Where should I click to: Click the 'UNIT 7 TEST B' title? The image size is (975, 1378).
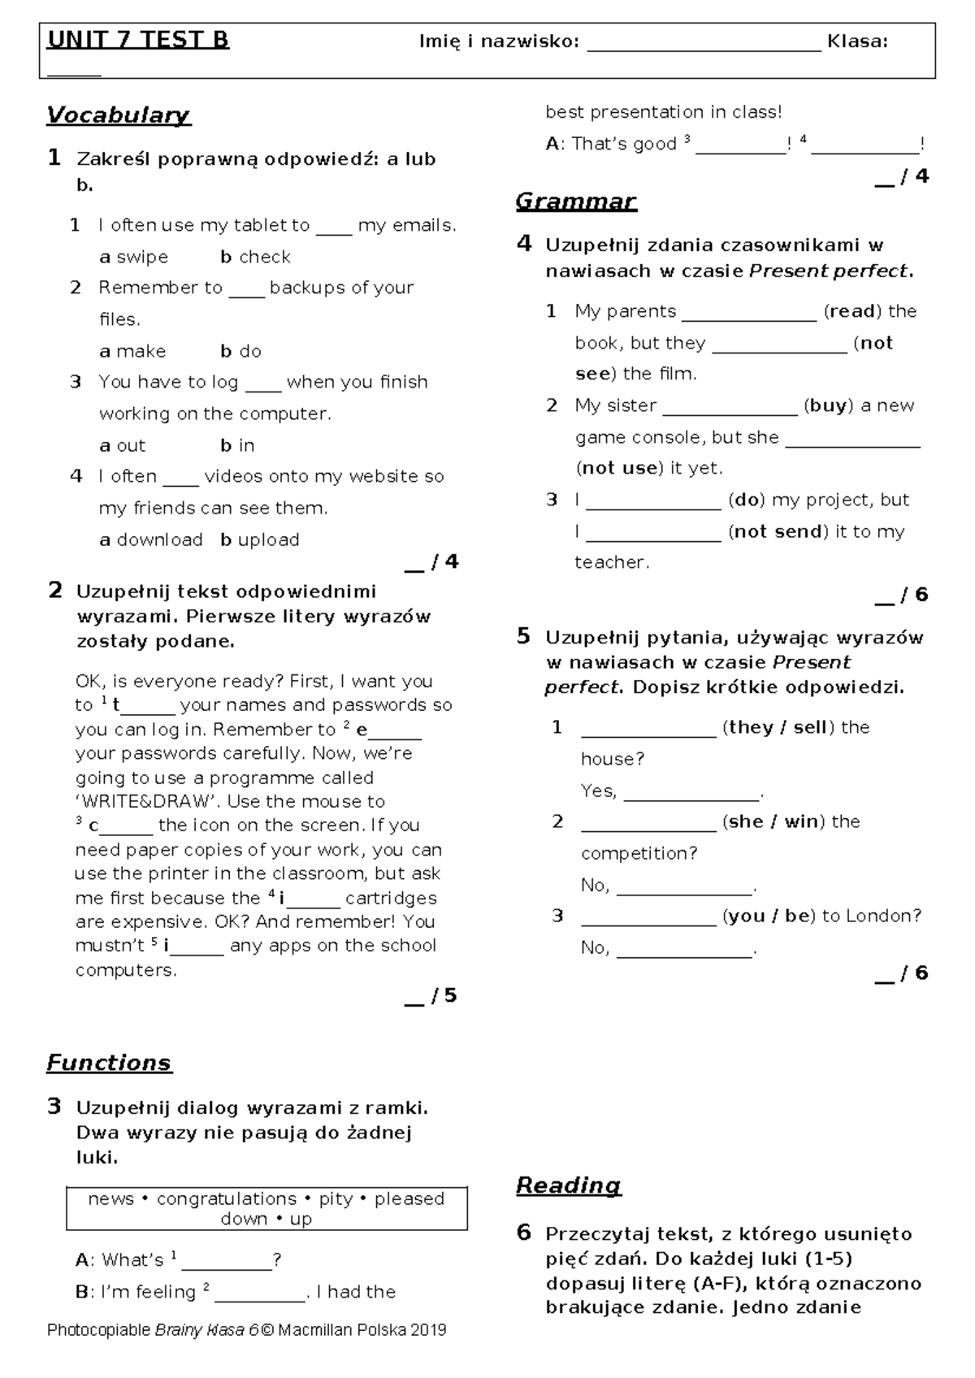tap(138, 40)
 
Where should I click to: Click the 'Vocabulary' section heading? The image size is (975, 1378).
tap(118, 115)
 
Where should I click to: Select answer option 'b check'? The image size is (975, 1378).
tap(255, 257)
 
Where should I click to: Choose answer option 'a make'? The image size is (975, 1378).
tap(132, 351)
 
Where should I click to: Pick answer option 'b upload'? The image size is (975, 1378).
tap(260, 539)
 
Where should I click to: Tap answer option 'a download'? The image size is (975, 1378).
tap(151, 539)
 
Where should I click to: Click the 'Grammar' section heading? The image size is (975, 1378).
tap(576, 201)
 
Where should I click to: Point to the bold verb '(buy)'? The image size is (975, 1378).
tap(828, 405)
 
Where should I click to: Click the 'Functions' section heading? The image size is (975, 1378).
tap(109, 1063)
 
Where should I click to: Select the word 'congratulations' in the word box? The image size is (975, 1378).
tap(227, 1198)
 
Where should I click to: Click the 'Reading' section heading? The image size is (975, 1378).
tap(569, 1185)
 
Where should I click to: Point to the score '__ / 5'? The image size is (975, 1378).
tap(431, 995)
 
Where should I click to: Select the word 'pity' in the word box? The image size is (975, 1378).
tap(336, 1198)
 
